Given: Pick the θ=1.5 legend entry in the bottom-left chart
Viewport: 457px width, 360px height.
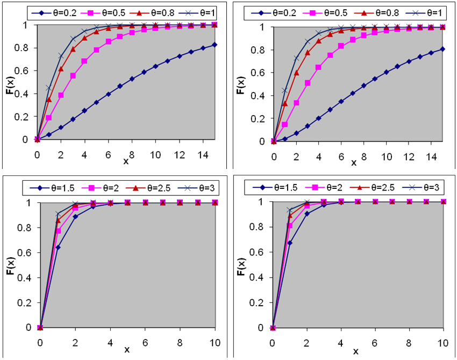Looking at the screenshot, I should point(56,188).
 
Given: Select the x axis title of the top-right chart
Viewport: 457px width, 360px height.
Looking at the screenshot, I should point(354,163).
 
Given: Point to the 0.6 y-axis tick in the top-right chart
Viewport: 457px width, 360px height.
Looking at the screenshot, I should point(259,73).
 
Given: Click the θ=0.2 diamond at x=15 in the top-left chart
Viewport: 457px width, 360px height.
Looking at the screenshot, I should point(214,45).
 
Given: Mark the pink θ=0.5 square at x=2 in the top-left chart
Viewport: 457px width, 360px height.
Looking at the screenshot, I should point(61,95).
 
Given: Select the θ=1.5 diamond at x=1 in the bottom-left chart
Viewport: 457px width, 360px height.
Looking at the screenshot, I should point(58,247).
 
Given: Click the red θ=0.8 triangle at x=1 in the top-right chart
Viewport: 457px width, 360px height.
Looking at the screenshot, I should point(285,103).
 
